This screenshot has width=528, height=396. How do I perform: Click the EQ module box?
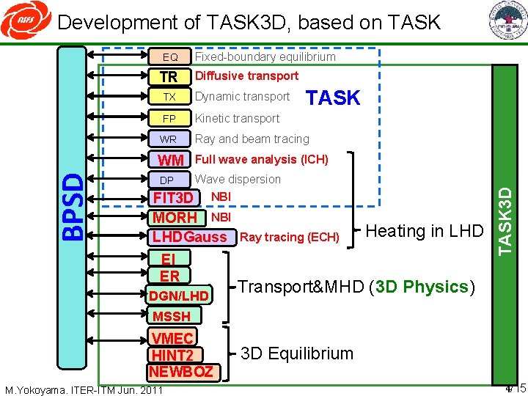(x=169, y=56)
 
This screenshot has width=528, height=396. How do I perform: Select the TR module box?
(x=169, y=76)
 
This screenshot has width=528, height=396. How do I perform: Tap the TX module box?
(x=169, y=97)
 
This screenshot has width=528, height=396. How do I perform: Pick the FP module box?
(x=169, y=118)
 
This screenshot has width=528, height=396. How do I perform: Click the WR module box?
(x=169, y=139)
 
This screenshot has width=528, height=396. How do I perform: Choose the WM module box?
(x=171, y=160)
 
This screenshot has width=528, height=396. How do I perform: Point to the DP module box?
(x=167, y=180)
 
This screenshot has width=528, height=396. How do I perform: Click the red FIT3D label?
(x=173, y=198)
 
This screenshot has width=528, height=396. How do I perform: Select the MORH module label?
(x=175, y=218)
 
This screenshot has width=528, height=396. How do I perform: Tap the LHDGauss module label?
(x=190, y=237)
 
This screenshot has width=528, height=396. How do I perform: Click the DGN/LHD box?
(x=179, y=296)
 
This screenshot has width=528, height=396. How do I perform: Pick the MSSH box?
(x=171, y=316)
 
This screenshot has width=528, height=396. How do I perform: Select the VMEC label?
(x=172, y=338)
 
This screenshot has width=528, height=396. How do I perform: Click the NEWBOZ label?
(x=180, y=371)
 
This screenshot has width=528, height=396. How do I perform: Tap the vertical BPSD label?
(x=72, y=206)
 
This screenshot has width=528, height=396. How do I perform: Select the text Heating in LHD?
(x=424, y=231)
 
